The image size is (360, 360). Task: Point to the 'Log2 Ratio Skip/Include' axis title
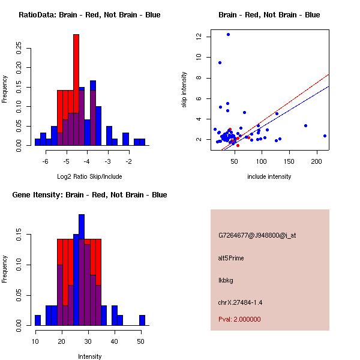pos(89,176)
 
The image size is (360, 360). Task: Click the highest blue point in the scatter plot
pos(228,35)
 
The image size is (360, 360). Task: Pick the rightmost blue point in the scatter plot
pos(325,136)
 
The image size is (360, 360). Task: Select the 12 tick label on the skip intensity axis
pos(199,37)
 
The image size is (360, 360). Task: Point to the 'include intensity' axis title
pos(269,176)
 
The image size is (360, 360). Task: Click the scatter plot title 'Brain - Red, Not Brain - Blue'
pos(269,15)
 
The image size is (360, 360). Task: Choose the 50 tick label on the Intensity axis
pos(140,341)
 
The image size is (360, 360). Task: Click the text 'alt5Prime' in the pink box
pos(231,258)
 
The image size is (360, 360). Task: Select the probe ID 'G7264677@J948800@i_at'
pos(257,235)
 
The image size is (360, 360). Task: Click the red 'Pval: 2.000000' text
pos(239,319)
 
